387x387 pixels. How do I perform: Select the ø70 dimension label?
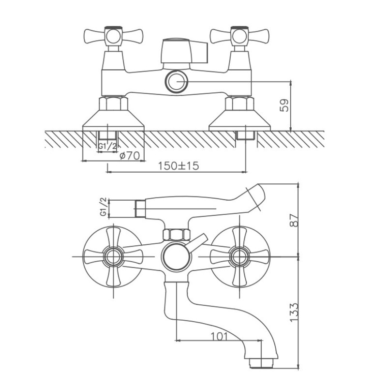tap(130, 156)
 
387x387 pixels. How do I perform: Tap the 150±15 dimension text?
tap(178, 166)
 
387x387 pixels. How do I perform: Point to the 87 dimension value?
tap(294, 220)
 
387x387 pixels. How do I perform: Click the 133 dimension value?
tap(294, 312)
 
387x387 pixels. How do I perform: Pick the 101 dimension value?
tap(219, 336)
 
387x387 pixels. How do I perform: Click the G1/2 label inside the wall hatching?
tap(107, 146)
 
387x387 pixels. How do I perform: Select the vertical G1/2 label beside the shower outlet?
tap(104, 207)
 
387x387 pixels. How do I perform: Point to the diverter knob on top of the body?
tap(184, 51)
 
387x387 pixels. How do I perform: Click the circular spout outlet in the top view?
tap(176, 82)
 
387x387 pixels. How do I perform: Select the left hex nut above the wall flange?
tap(114, 104)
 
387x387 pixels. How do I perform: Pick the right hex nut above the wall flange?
tap(239, 104)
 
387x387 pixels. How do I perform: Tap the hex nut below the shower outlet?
tap(177, 235)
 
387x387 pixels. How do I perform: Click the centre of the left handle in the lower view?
tap(114, 257)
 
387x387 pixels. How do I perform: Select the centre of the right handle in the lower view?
tap(239, 257)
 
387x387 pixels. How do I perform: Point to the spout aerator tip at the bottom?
tap(261, 363)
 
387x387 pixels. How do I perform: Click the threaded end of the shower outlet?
tap(140, 209)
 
